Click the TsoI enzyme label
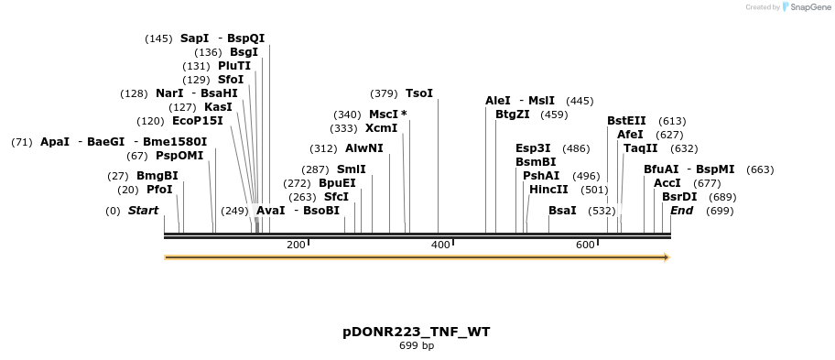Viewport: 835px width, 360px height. coord(419,93)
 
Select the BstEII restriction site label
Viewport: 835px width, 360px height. coord(626,121)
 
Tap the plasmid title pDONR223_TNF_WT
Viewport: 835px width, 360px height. coord(417,332)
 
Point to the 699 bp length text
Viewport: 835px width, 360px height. coord(417,346)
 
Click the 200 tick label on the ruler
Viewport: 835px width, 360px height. coord(296,245)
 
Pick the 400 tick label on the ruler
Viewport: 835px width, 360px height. coord(440,245)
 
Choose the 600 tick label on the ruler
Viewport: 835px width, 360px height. coord(585,245)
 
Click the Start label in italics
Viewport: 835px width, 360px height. coord(143,211)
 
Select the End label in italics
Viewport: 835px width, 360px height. coord(682,211)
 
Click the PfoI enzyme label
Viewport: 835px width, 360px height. coord(159,190)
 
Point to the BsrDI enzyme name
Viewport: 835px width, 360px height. coord(679,197)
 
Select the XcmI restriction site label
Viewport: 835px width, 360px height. coord(381,128)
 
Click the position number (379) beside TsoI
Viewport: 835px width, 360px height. coord(384,93)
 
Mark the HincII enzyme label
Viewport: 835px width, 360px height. coord(548,190)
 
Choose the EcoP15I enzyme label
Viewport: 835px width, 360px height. coord(197,121)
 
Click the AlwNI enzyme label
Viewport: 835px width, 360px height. coord(364,148)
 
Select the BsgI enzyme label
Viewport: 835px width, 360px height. coord(244,52)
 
